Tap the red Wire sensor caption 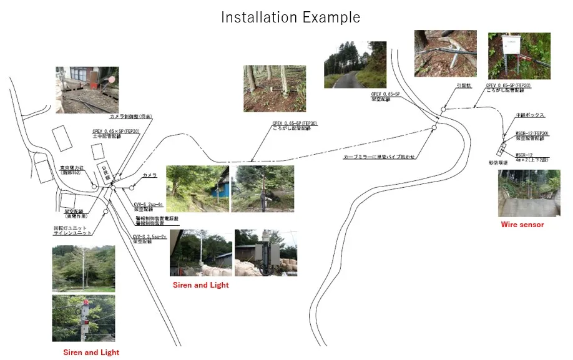click(x=522, y=225)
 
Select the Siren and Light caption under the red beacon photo click(x=91, y=353)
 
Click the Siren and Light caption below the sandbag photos click(x=201, y=285)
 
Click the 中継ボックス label click(x=531, y=116)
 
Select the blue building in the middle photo click(x=219, y=188)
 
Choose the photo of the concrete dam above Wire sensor click(x=529, y=193)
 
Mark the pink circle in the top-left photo click(x=112, y=79)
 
